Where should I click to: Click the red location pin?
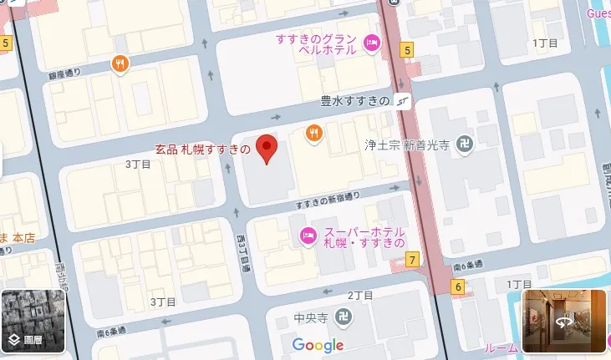(267, 148)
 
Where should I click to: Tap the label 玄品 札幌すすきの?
(202, 150)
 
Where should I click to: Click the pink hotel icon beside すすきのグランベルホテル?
(373, 43)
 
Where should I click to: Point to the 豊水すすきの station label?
(355, 101)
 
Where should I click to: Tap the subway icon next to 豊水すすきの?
(404, 101)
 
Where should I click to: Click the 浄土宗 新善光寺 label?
(407, 145)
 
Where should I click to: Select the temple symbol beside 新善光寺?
(466, 145)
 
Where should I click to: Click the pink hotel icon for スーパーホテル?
(308, 237)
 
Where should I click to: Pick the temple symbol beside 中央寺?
(344, 317)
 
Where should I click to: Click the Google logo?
(318, 346)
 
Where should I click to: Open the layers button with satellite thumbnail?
(33, 322)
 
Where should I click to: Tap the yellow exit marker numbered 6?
(458, 286)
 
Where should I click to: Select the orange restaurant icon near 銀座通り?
(122, 63)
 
